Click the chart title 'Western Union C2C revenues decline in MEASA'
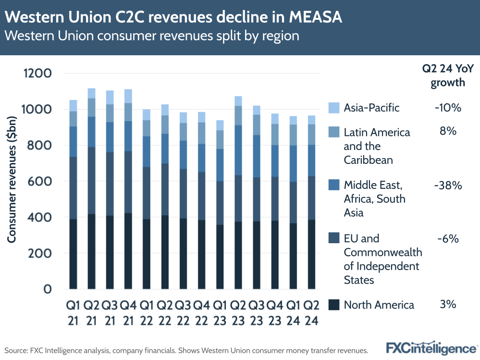click(174, 18)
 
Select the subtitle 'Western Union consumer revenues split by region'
click(152, 37)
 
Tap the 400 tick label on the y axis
click(39, 217)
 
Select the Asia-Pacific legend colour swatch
click(334, 108)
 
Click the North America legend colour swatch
click(334, 305)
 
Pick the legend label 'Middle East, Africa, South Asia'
click(375, 199)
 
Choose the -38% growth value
click(448, 185)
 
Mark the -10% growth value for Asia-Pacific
click(448, 108)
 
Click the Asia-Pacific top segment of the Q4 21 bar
click(128, 96)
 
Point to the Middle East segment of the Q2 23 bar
click(238, 150)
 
